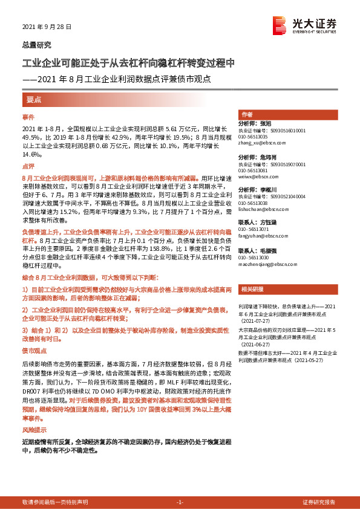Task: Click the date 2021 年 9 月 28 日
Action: (x=47, y=27)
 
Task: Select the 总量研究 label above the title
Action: (x=36, y=45)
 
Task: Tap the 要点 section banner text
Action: (x=34, y=99)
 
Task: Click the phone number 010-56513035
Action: (x=255, y=137)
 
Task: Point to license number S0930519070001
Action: (x=289, y=164)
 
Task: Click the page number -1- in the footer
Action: (x=180, y=502)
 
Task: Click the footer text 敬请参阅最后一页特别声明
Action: (x=55, y=502)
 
